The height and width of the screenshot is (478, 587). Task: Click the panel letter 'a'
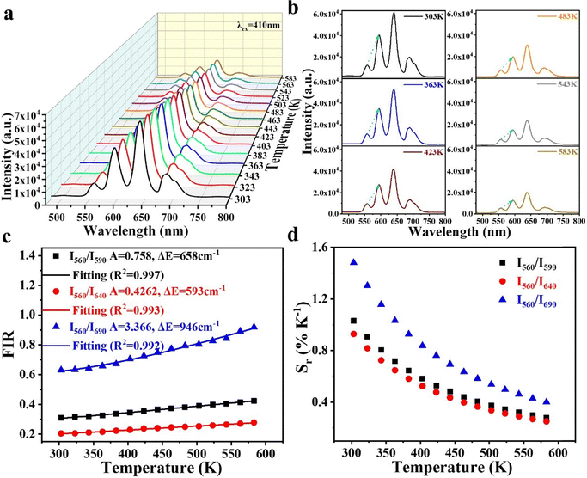(x=9, y=10)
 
